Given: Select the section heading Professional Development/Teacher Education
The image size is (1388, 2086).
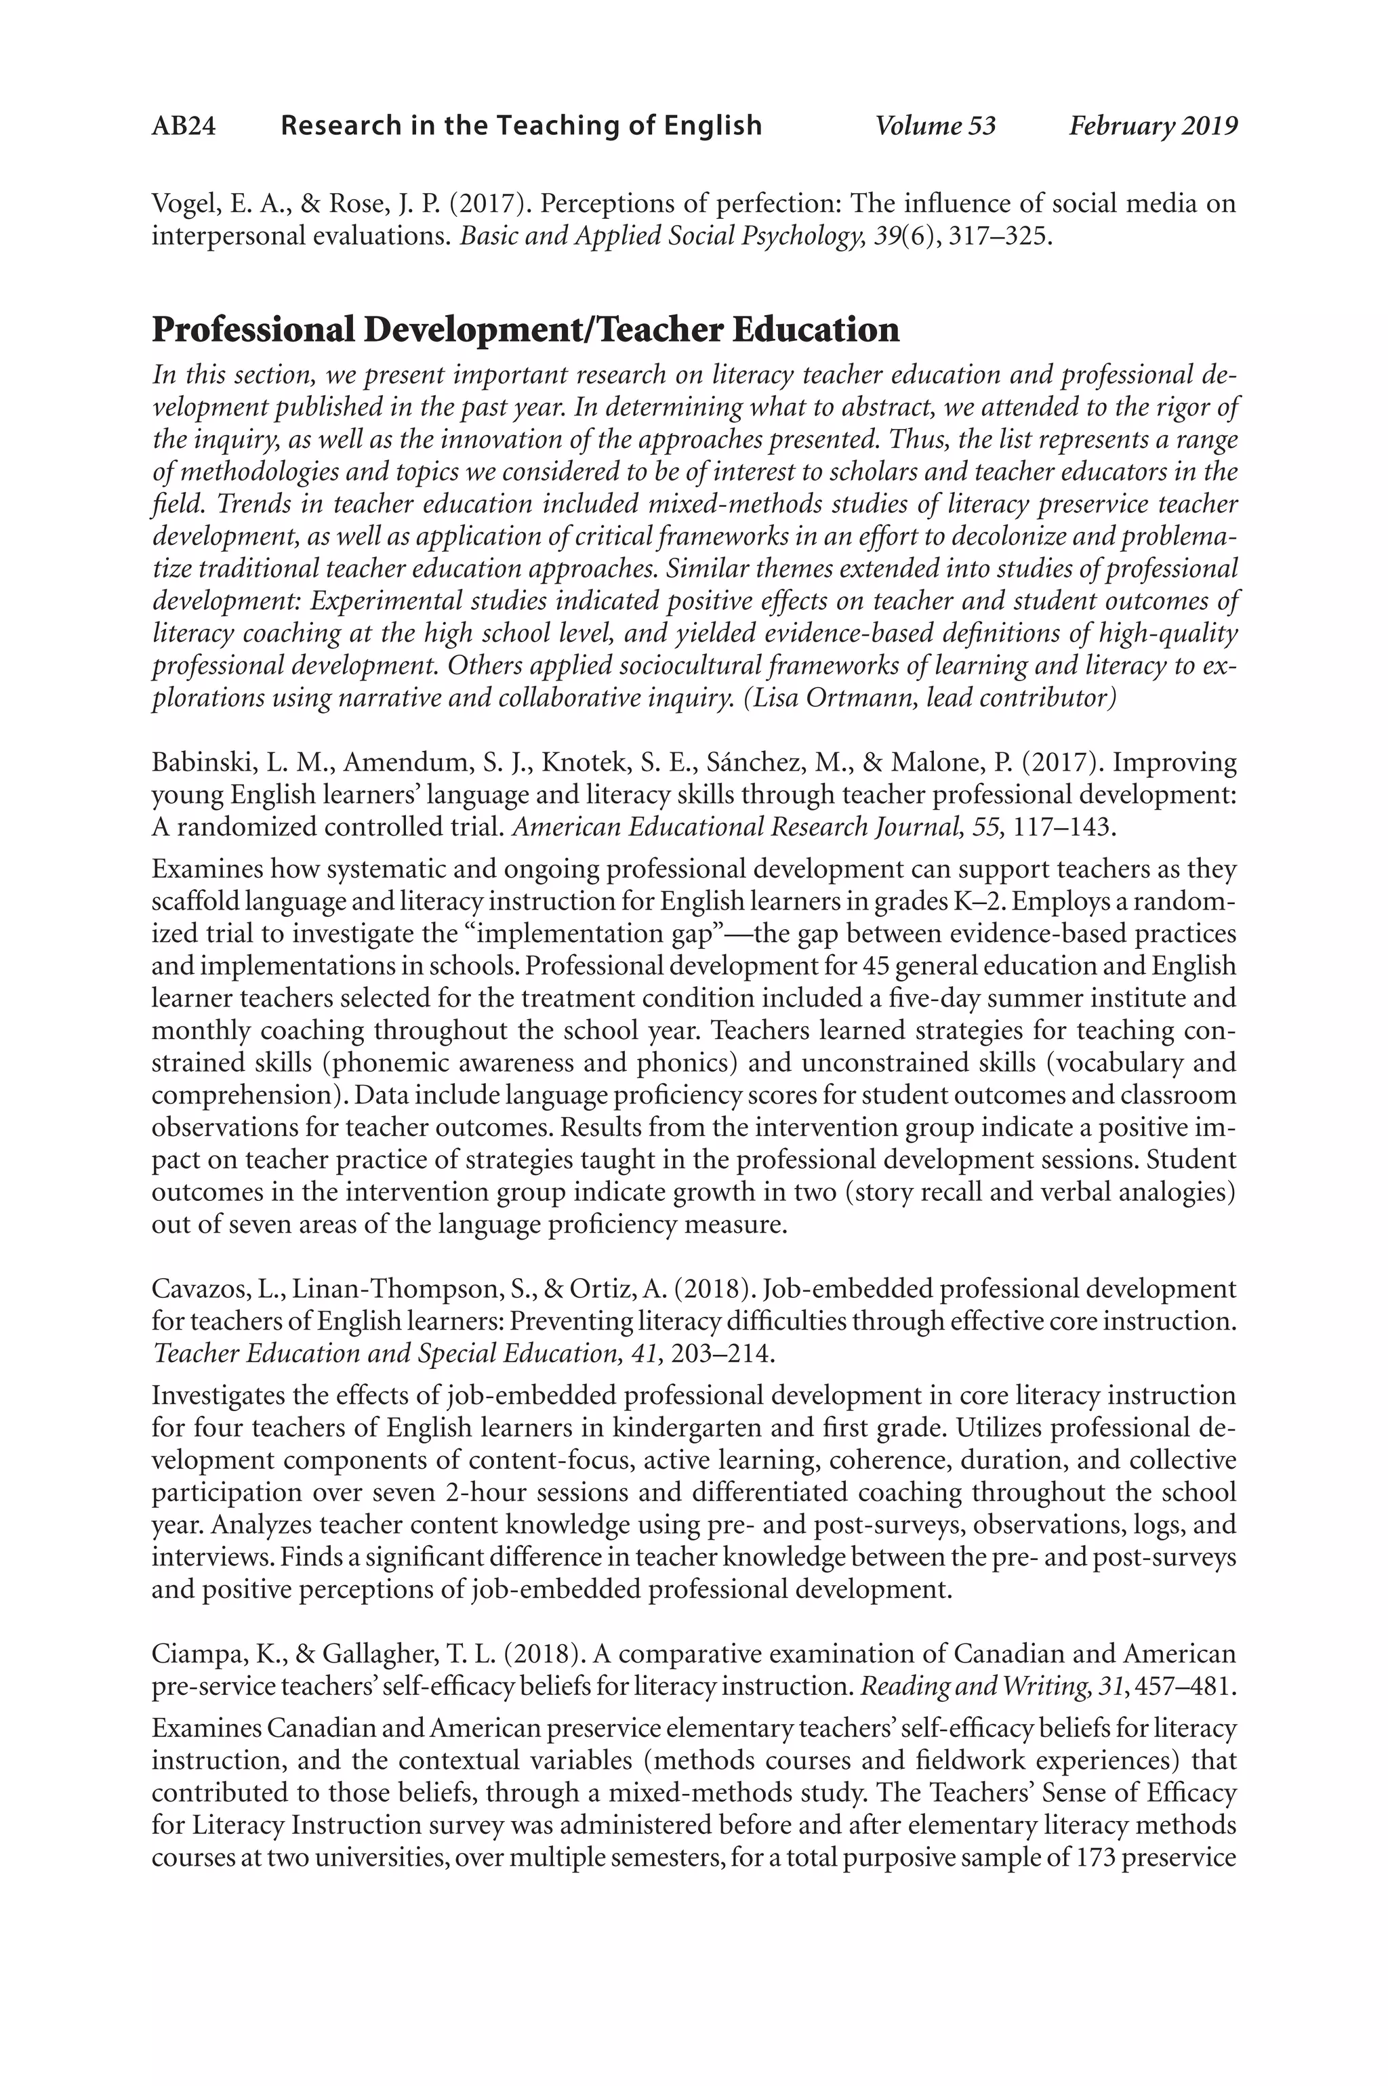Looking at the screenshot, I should point(526,330).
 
